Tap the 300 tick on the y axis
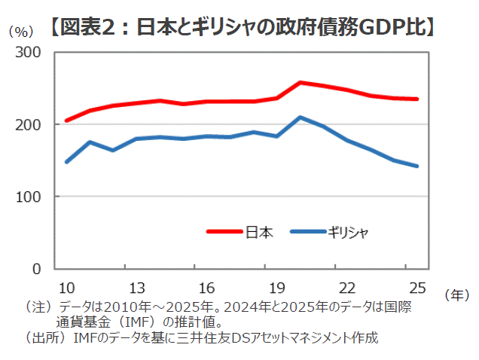click(x=38, y=53)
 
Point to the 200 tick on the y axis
click(x=38, y=124)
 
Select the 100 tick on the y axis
click(x=38, y=197)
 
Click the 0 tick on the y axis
click(x=46, y=269)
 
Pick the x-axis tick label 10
click(x=66, y=287)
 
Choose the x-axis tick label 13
click(x=137, y=287)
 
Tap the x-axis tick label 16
click(x=207, y=287)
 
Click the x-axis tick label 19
click(x=276, y=287)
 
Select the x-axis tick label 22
click(x=346, y=287)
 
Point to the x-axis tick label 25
click(x=416, y=287)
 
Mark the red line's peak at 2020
click(x=300, y=82)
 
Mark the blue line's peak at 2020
click(x=300, y=117)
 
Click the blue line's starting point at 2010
click(x=66, y=162)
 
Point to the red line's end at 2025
click(x=416, y=99)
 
